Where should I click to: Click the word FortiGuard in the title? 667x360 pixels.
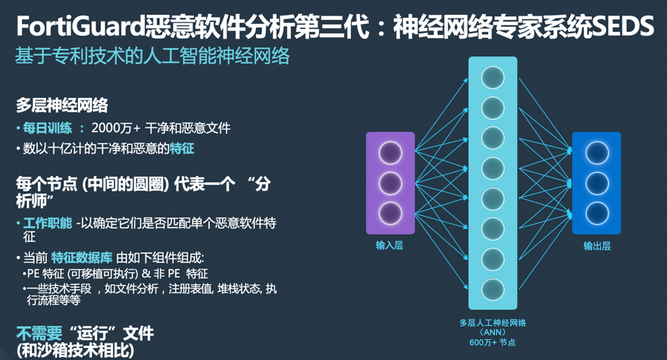click(81, 27)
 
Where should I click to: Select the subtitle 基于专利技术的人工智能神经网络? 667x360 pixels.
click(152, 56)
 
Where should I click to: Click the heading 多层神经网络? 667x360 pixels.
click(62, 105)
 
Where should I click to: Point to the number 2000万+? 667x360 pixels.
click(116, 128)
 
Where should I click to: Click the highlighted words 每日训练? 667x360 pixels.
click(47, 128)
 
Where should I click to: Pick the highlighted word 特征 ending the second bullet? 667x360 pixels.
click(182, 148)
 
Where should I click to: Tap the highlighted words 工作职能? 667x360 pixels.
click(47, 223)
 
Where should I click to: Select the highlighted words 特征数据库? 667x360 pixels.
click(82, 258)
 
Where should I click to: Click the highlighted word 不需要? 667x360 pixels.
click(39, 333)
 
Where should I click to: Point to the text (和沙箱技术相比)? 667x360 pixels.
click(75, 350)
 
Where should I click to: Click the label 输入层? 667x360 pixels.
click(390, 245)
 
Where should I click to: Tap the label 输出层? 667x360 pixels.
click(597, 246)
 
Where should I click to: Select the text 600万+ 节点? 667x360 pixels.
click(493, 342)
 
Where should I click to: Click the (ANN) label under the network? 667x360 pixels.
click(493, 332)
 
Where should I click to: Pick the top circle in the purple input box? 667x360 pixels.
click(390, 152)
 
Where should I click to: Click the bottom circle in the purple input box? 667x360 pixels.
click(390, 213)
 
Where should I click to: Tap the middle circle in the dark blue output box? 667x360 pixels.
click(597, 183)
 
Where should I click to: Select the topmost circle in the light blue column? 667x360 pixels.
click(493, 77)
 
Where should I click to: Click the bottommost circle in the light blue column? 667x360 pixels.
click(493, 289)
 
